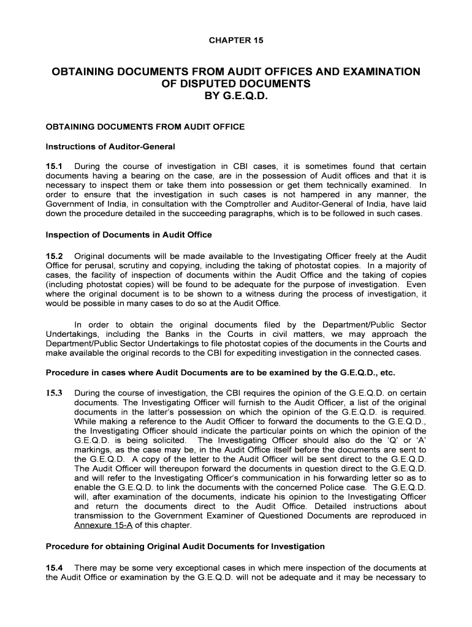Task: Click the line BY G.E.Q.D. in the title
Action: pyautogui.click(x=236, y=96)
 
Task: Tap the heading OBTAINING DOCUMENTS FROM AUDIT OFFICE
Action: pyautogui.click(x=145, y=127)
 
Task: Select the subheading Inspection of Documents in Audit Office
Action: pyautogui.click(x=129, y=235)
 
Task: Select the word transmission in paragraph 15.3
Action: pyautogui.click(x=102, y=516)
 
